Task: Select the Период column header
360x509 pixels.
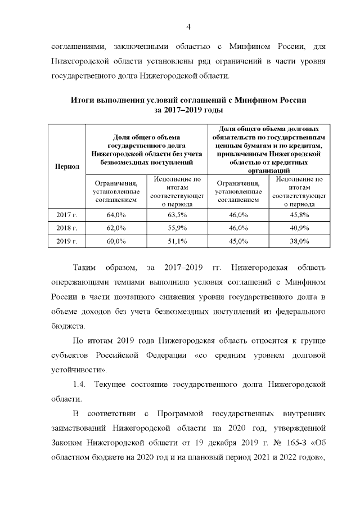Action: click(66, 166)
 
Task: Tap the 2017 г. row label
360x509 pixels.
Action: click(66, 214)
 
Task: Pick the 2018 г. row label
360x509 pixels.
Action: click(66, 228)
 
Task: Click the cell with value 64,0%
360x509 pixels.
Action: click(116, 214)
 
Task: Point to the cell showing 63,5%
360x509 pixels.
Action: click(177, 214)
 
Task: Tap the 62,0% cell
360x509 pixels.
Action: click(116, 228)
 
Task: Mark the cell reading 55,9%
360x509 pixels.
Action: click(177, 228)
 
